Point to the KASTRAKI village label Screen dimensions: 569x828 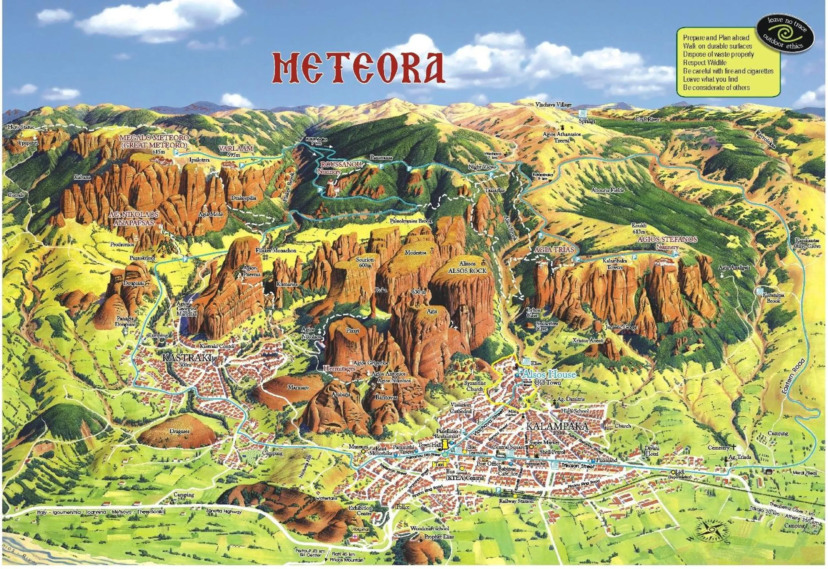pos(186,358)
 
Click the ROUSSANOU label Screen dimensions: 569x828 pos(341,165)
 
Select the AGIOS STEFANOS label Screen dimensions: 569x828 pos(667,239)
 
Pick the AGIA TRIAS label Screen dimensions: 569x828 pos(554,250)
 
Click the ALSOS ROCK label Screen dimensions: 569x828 pos(467,271)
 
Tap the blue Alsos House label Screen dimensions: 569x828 pos(548,374)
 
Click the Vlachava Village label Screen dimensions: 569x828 pos(553,105)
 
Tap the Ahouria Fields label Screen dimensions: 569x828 pos(607,190)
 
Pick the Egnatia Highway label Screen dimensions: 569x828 pos(224,512)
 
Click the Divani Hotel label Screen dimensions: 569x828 pos(652,451)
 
